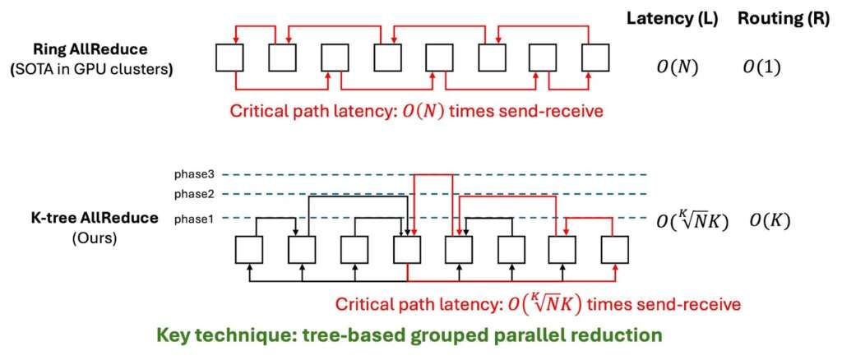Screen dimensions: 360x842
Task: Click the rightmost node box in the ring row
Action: [595, 58]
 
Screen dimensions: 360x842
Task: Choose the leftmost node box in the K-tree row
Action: [249, 249]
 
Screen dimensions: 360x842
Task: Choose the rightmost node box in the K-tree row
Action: [614, 249]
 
